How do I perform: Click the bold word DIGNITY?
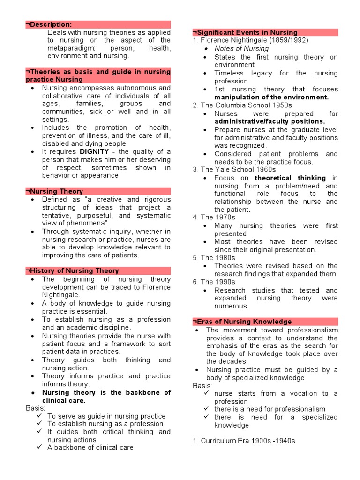[x=94, y=151]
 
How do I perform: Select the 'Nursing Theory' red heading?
[x=56, y=191]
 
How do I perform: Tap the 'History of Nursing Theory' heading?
[x=74, y=270]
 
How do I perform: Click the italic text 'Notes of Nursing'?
[x=241, y=49]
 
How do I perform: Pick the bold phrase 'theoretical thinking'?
[x=290, y=178]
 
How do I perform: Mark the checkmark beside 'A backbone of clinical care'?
[x=39, y=447]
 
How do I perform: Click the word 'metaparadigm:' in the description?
[x=69, y=48]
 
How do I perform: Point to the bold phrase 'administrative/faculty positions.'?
[x=270, y=121]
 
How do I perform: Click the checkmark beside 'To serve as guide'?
[x=39, y=416]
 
